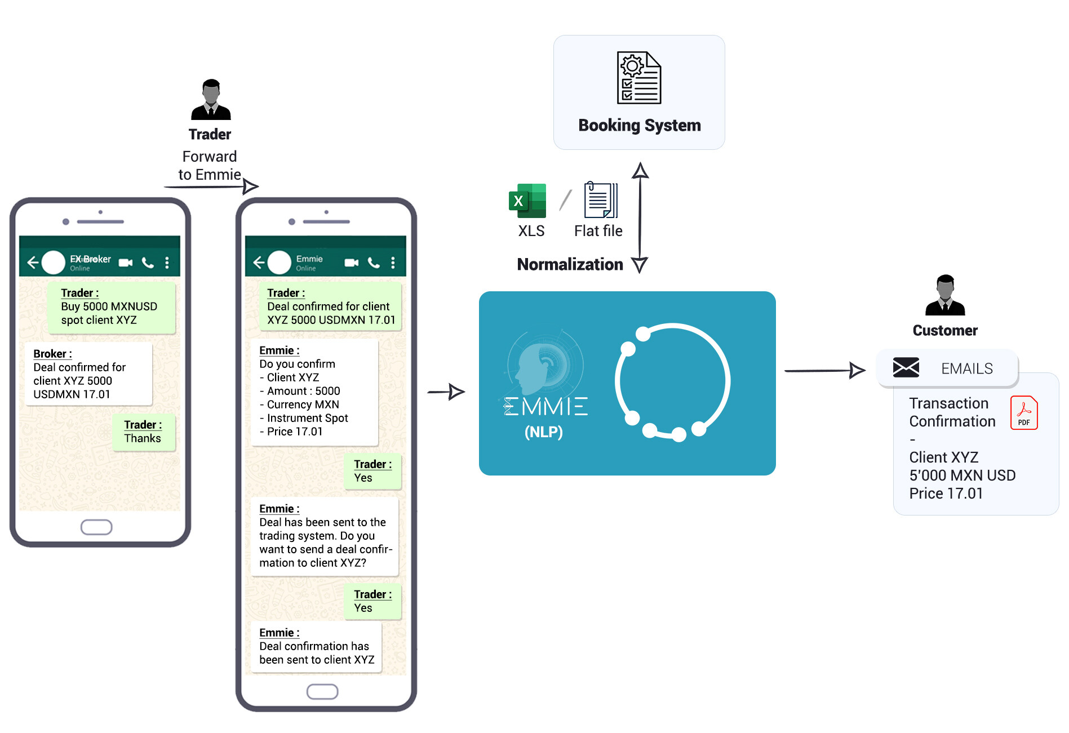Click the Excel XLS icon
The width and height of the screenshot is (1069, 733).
click(527, 201)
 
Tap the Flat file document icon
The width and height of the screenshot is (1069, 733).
click(601, 200)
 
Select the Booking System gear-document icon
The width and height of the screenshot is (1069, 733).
click(639, 78)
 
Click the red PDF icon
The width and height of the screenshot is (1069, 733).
click(1023, 412)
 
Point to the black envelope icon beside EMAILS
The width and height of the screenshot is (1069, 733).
click(906, 368)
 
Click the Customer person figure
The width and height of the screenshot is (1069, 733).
click(945, 295)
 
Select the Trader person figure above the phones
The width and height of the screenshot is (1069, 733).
click(211, 100)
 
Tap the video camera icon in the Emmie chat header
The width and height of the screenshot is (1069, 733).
click(352, 263)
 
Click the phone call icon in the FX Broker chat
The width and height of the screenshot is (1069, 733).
click(148, 263)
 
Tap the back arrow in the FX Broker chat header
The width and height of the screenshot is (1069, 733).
click(33, 263)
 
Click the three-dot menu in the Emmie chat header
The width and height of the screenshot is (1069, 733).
click(393, 263)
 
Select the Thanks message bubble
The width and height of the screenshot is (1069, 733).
click(143, 432)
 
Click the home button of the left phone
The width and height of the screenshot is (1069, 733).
click(96, 527)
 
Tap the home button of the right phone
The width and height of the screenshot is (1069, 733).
click(322, 692)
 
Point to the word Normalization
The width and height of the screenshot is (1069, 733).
click(570, 264)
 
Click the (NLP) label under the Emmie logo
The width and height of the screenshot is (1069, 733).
click(543, 432)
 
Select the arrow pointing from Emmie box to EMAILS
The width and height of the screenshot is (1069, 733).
click(824, 370)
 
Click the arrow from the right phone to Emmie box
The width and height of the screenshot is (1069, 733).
click(446, 392)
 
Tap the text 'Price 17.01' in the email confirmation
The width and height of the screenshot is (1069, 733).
click(946, 494)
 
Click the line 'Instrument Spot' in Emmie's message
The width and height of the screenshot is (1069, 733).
click(307, 418)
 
